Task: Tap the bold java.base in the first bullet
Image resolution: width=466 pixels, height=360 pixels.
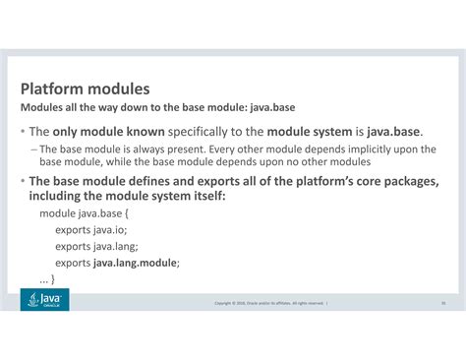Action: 394,131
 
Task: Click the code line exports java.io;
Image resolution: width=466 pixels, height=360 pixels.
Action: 90,230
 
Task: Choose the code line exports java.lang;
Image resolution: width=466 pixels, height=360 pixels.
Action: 96,247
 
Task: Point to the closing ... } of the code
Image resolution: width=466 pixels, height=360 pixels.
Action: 46,279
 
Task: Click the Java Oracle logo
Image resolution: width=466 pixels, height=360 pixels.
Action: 44,300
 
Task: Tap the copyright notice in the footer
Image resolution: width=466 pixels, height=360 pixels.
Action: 269,303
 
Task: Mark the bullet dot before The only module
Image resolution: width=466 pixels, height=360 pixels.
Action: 22,132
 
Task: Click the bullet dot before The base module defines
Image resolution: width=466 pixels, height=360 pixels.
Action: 22,181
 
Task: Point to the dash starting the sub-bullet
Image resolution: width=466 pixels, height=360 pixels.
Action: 33,149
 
